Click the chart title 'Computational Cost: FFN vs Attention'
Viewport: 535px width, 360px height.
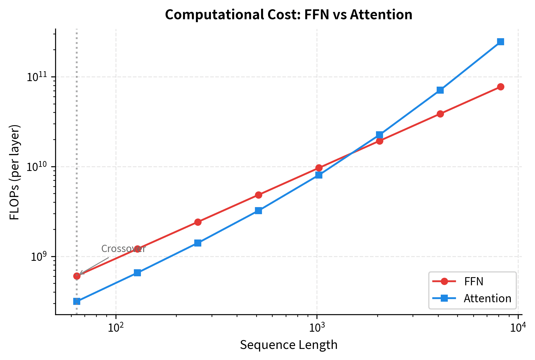(x=289, y=15)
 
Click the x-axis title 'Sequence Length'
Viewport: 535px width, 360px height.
(x=289, y=345)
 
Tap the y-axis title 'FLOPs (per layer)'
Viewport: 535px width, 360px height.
(x=15, y=172)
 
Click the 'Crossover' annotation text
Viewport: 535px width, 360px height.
(x=123, y=249)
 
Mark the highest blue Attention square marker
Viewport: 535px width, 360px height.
(x=501, y=42)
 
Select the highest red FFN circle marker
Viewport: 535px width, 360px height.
(x=501, y=87)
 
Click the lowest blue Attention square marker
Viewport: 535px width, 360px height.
(x=77, y=301)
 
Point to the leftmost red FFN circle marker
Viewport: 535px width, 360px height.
(x=77, y=276)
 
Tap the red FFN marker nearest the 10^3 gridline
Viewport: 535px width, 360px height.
(x=319, y=168)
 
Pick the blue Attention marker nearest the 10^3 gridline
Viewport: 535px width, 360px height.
(x=319, y=175)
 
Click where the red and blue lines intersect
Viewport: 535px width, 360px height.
(x=351, y=154)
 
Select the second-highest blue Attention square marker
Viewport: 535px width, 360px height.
(x=440, y=90)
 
